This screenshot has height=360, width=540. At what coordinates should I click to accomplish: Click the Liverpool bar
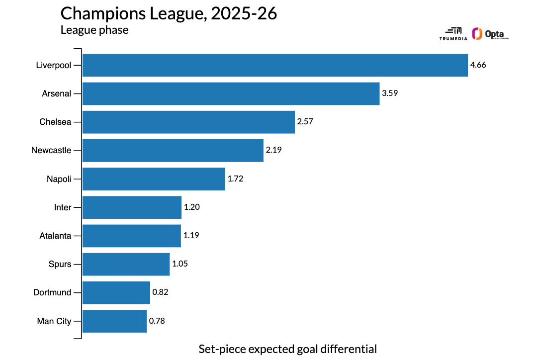tap(275, 65)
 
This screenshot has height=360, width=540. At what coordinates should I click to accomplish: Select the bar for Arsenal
tap(231, 93)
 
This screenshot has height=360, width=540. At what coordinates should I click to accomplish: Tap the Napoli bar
tap(154, 179)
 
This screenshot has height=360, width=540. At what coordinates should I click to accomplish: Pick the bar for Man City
tap(114, 321)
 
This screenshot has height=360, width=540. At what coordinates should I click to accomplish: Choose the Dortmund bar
tap(116, 292)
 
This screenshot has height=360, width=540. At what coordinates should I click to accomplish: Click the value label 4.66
tap(478, 65)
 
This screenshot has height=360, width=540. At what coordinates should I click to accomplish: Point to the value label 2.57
tap(305, 122)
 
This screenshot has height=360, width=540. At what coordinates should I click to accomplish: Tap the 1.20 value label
tap(192, 207)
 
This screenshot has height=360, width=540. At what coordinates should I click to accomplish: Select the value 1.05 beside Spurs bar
tap(180, 264)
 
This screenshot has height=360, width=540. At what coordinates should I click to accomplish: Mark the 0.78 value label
tap(157, 321)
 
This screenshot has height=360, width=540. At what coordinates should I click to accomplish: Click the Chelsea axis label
tap(55, 122)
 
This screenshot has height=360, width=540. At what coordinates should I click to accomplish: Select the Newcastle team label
tap(51, 150)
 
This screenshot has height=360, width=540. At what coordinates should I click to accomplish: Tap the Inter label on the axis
tap(63, 207)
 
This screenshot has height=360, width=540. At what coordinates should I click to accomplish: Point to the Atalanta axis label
tap(55, 236)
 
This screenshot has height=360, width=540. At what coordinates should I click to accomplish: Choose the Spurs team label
tap(61, 264)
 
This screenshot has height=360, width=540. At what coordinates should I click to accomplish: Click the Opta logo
tap(491, 34)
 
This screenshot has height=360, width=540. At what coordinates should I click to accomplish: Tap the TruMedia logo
tap(453, 34)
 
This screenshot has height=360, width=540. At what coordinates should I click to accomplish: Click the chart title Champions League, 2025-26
tap(169, 13)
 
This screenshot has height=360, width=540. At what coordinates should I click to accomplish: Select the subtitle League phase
tap(94, 30)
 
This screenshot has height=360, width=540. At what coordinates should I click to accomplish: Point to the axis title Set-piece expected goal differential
tap(287, 349)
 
